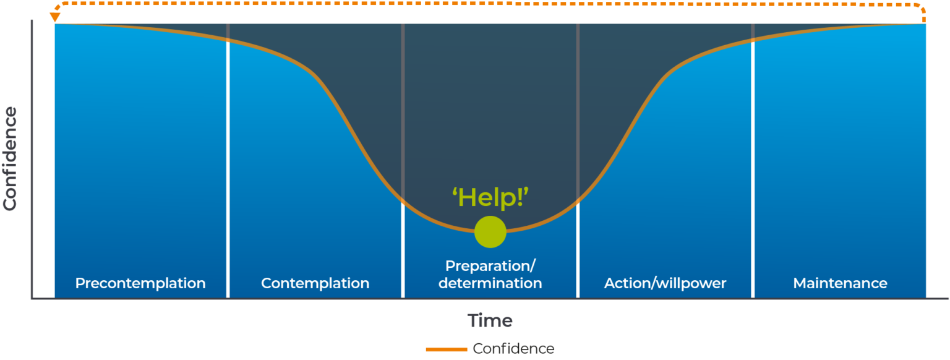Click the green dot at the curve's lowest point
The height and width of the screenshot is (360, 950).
490,232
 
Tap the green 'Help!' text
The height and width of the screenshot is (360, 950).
490,197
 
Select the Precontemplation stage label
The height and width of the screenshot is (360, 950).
140,283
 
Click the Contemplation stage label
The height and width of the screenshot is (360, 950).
315,283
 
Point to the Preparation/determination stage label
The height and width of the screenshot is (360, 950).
490,275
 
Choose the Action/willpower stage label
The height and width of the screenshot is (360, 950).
665,283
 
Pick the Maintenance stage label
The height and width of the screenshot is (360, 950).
840,283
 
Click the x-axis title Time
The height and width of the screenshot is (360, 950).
490,320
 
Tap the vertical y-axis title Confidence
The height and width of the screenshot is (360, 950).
11,158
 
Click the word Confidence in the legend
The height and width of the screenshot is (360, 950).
513,349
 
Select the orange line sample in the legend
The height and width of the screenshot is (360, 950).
446,349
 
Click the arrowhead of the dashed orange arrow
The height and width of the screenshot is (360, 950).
55,17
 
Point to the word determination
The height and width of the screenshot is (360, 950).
490,284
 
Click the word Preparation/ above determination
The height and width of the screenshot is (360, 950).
490,266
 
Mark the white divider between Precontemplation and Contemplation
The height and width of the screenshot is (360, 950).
228,186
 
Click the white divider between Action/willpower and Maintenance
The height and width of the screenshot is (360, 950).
753,186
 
